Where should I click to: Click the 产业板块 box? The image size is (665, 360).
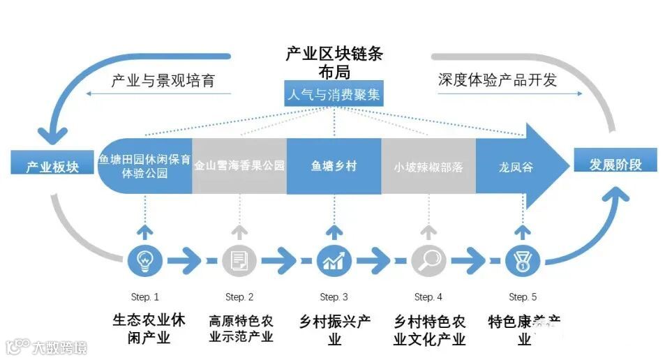click(x=53, y=166)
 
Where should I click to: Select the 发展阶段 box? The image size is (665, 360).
click(x=615, y=165)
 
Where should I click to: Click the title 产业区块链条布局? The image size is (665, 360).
click(x=334, y=62)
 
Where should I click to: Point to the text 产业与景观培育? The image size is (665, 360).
click(x=162, y=80)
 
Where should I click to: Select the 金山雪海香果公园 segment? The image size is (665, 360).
click(x=239, y=166)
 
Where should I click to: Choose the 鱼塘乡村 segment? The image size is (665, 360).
click(x=334, y=166)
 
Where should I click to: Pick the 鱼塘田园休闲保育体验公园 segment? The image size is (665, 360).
click(x=145, y=166)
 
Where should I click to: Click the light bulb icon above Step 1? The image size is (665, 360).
click(x=145, y=261)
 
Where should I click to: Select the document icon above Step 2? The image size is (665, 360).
click(x=239, y=261)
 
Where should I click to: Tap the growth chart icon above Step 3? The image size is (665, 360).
click(x=334, y=261)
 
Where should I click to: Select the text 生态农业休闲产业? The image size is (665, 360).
click(x=145, y=329)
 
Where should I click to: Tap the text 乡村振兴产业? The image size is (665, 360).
click(x=334, y=330)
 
